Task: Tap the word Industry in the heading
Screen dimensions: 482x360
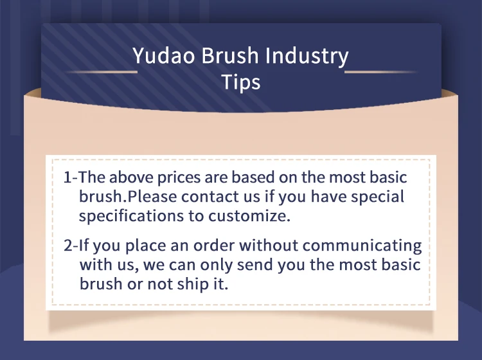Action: [307, 56]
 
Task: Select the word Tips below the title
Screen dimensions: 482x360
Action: [241, 82]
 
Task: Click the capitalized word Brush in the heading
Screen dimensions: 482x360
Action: [230, 55]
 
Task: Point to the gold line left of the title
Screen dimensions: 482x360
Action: [102, 72]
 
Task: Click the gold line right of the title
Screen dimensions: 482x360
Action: [381, 72]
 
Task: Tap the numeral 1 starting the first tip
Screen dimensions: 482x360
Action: [67, 177]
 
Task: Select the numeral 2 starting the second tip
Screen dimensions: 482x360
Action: [68, 246]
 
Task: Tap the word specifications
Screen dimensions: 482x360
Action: [131, 216]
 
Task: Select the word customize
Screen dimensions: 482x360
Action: [249, 216]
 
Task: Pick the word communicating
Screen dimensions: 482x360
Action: [362, 246]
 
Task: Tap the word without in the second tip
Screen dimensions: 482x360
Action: [269, 246]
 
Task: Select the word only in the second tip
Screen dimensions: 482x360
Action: [216, 265]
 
